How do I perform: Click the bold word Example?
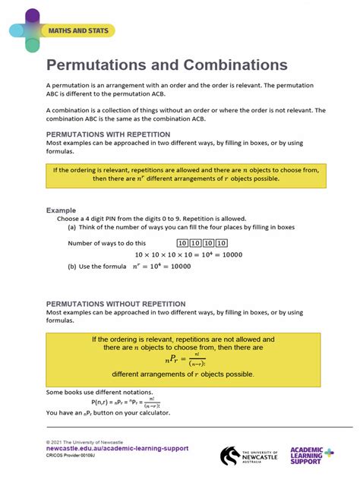tap(62, 210)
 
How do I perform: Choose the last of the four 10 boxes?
tap(221, 243)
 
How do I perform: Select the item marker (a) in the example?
tap(72, 227)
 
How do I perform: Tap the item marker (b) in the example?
tap(72, 267)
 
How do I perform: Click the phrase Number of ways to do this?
tap(107, 243)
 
